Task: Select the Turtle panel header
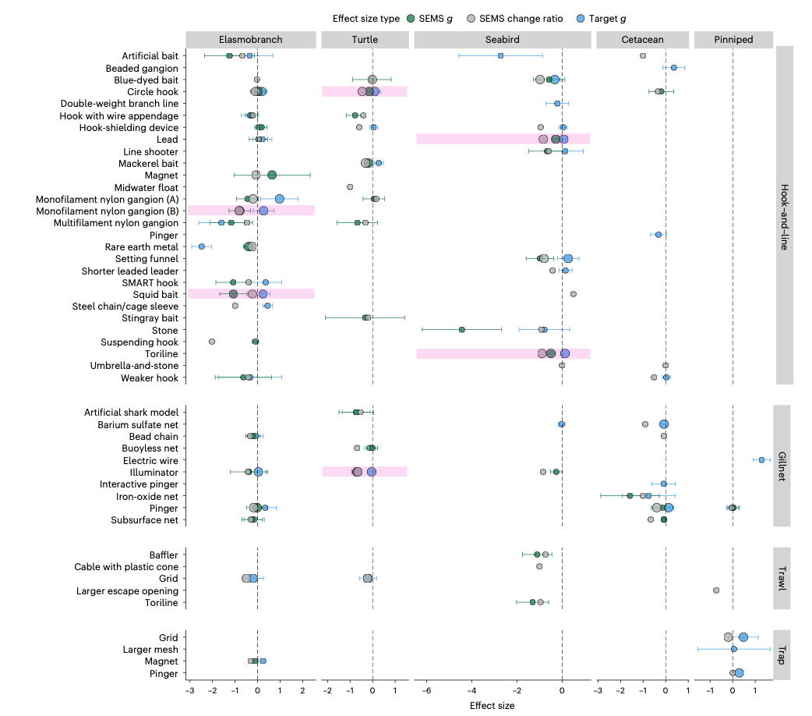(364, 39)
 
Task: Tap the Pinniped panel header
(733, 39)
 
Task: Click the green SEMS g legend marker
(411, 19)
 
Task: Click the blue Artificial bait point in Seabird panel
(500, 55)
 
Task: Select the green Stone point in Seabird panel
(462, 330)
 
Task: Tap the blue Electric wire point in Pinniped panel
(761, 460)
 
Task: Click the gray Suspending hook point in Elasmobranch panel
(212, 342)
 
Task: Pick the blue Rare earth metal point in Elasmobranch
(201, 246)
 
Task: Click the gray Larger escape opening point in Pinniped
(716, 590)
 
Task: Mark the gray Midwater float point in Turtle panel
(350, 187)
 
